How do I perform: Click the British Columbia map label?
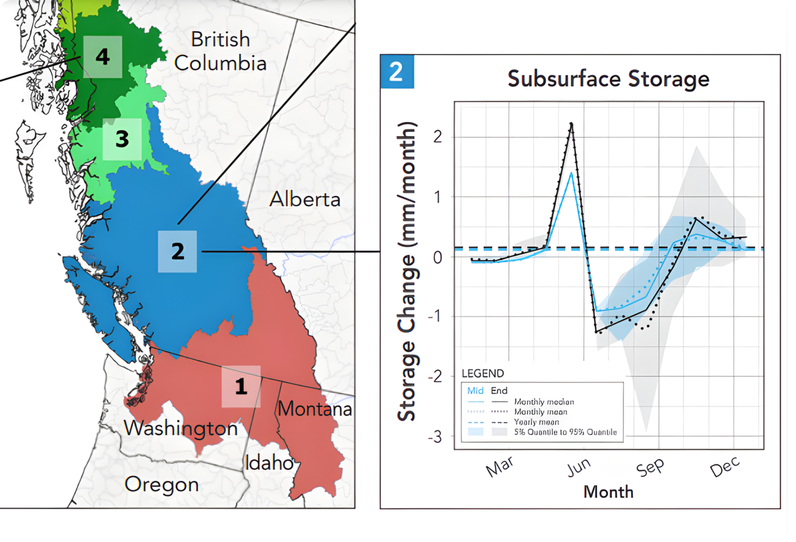(x=220, y=51)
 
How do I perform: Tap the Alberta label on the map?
(x=305, y=199)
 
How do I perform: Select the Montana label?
(x=315, y=409)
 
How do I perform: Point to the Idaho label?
(x=269, y=463)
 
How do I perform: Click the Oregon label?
(x=162, y=484)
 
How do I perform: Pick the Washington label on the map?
(x=181, y=428)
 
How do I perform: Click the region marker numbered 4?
(x=103, y=57)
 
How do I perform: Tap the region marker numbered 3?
(x=122, y=139)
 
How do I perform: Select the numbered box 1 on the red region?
(x=241, y=386)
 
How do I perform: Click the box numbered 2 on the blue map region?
(x=178, y=251)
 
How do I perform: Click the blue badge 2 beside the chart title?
(x=397, y=72)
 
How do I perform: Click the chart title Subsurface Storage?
(x=608, y=79)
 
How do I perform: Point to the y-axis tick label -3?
(x=435, y=437)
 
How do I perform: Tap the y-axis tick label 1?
(x=437, y=197)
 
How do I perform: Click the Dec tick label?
(x=725, y=467)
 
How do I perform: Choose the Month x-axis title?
(x=608, y=492)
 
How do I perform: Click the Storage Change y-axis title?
(x=407, y=272)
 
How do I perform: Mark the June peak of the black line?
(x=571, y=124)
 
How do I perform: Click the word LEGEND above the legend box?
(x=483, y=373)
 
